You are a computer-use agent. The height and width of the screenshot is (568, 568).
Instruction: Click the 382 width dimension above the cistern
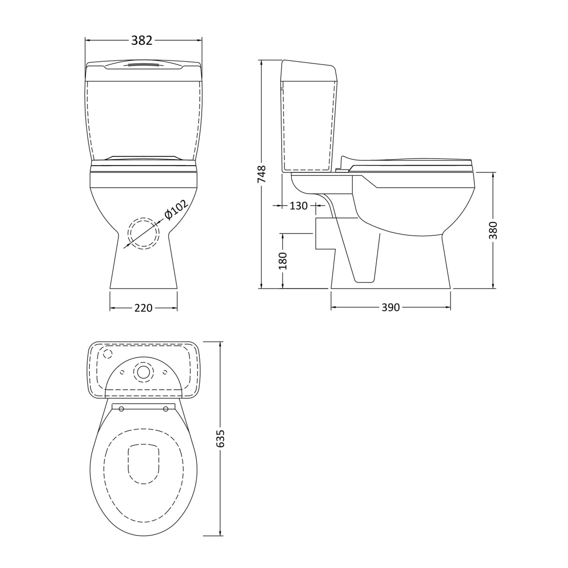coord(142,41)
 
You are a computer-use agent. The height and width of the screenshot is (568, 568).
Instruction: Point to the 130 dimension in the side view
coord(299,205)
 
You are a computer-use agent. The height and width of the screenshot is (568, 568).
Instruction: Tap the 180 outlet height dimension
coord(283,261)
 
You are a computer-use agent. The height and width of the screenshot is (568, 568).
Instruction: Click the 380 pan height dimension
coord(493,230)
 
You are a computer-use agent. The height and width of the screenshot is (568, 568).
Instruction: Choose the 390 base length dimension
coord(391,307)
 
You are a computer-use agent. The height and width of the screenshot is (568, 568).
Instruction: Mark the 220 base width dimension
coord(144,308)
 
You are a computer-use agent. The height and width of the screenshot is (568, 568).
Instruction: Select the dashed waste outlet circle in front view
coord(144,233)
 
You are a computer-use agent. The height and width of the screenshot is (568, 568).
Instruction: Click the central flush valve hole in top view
coord(144,371)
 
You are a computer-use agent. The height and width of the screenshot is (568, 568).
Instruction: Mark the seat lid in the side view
coord(412,162)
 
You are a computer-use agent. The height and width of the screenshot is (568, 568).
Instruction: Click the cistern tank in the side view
coord(309,117)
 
